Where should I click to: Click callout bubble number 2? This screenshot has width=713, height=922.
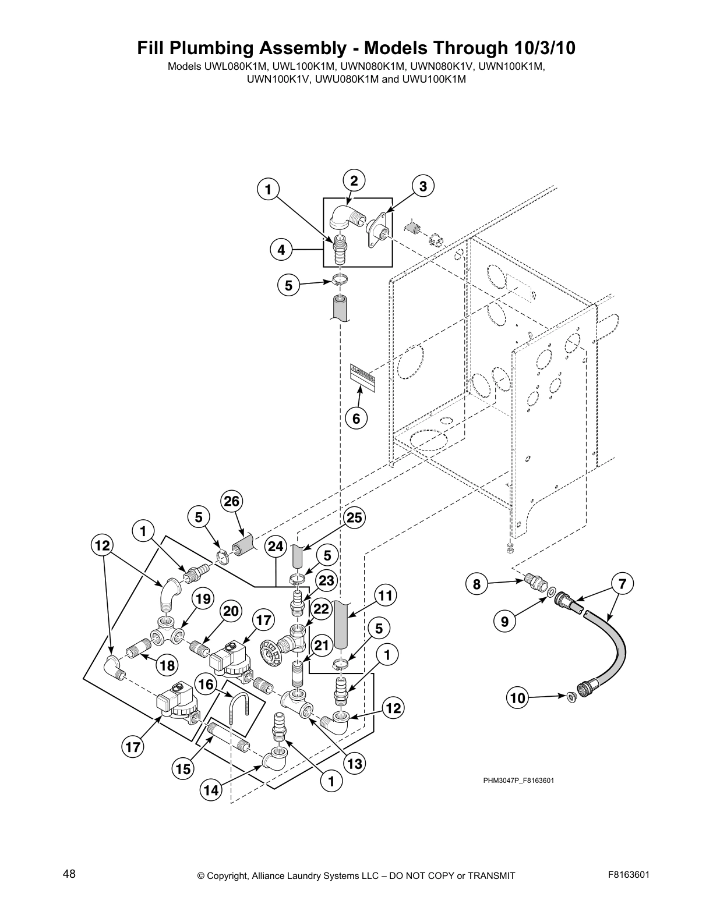click(354, 179)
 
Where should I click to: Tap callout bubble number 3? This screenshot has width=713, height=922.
click(423, 186)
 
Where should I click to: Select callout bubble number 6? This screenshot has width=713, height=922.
click(356, 418)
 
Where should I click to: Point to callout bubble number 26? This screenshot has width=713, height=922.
click(232, 501)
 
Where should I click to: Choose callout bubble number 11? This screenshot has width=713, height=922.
click(384, 596)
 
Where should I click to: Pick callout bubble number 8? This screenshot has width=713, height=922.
click(476, 584)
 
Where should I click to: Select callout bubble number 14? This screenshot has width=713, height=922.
click(211, 790)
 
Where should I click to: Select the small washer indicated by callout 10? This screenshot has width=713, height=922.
click(571, 696)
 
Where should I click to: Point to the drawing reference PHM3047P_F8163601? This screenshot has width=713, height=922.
click(518, 781)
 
